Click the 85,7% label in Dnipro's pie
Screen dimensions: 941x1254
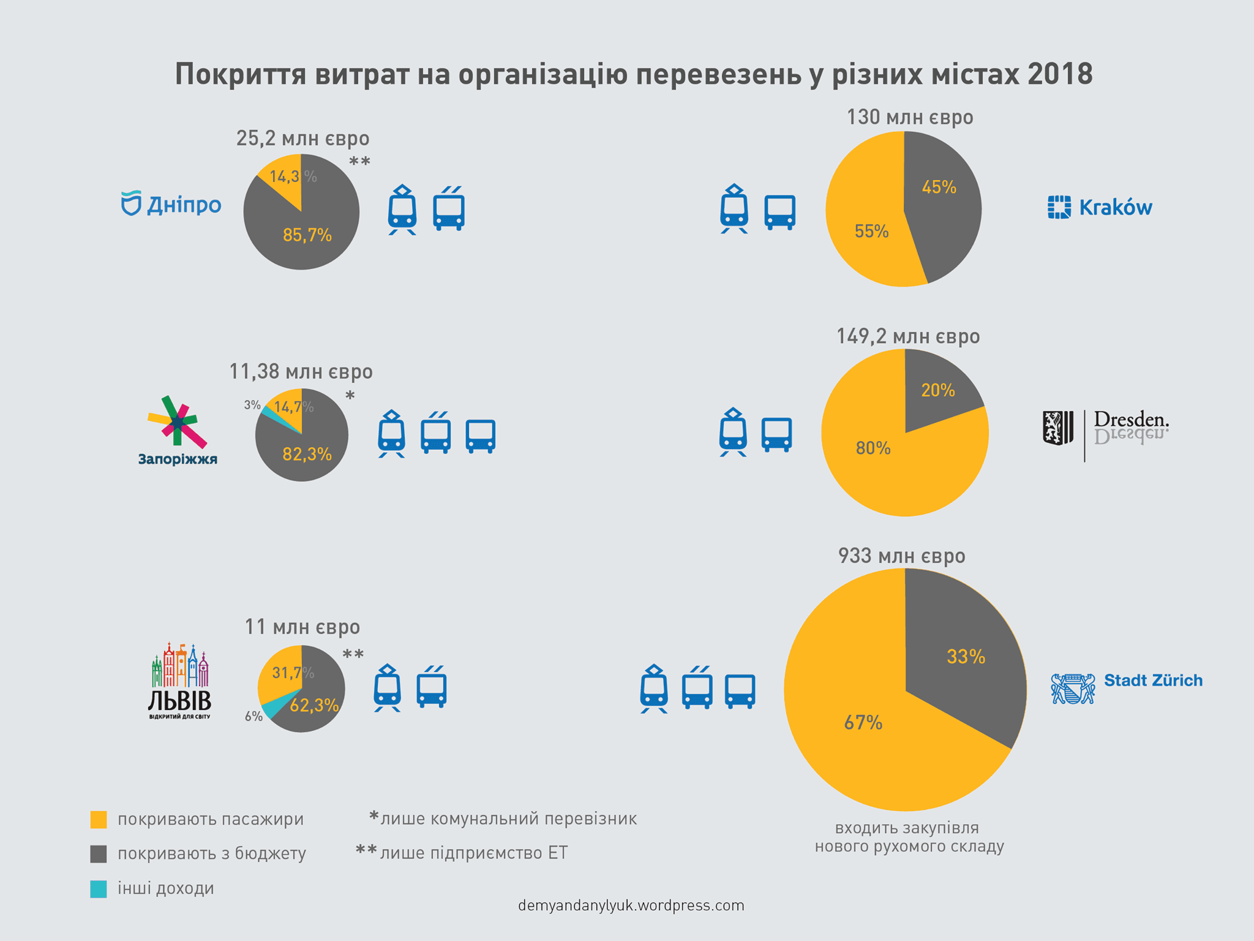[307, 235]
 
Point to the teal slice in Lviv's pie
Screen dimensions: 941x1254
[270, 710]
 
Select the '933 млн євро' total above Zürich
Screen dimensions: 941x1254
[901, 556]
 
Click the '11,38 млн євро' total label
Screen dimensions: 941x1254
[301, 372]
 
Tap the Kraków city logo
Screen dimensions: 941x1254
[1100, 208]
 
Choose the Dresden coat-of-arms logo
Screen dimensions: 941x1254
[1058, 428]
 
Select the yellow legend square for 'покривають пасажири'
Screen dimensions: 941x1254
[99, 820]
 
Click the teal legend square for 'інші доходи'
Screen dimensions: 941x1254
[99, 889]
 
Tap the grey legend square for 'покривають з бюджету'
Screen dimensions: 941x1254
[99, 854]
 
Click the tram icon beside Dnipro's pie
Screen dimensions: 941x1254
[402, 210]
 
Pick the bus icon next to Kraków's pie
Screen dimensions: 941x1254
[780, 212]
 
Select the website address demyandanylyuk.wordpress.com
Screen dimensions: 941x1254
[631, 905]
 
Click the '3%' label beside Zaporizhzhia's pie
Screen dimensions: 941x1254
[252, 405]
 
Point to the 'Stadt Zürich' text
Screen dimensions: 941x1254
[1153, 681]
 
